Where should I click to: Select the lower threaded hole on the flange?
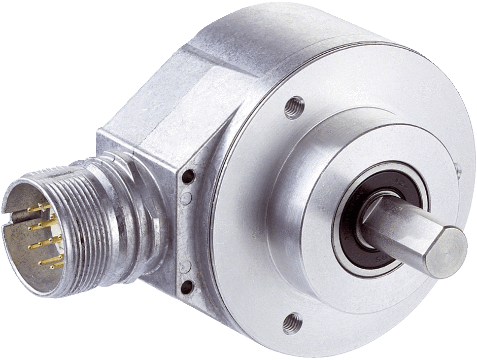[293, 321]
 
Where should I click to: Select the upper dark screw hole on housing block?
[189, 176]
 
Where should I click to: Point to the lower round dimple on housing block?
[185, 265]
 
